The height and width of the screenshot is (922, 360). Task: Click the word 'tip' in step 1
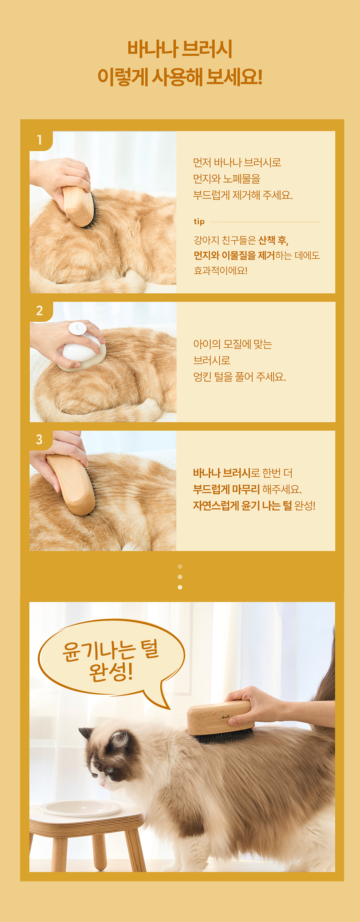[x=199, y=221]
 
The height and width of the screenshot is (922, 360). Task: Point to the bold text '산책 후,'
[x=273, y=240]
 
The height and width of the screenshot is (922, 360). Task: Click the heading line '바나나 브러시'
[x=180, y=49]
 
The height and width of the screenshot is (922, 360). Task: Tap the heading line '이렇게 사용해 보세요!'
[x=180, y=77]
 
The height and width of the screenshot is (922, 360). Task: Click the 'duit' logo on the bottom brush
[x=226, y=717]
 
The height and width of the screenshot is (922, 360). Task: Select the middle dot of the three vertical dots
[x=180, y=577]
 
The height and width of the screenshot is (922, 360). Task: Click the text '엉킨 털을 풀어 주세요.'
[x=239, y=377]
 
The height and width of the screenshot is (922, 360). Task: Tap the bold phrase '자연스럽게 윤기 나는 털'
[x=242, y=505]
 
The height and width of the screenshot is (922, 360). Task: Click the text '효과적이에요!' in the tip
[x=221, y=270]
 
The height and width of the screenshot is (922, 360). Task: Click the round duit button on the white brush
[x=77, y=328]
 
